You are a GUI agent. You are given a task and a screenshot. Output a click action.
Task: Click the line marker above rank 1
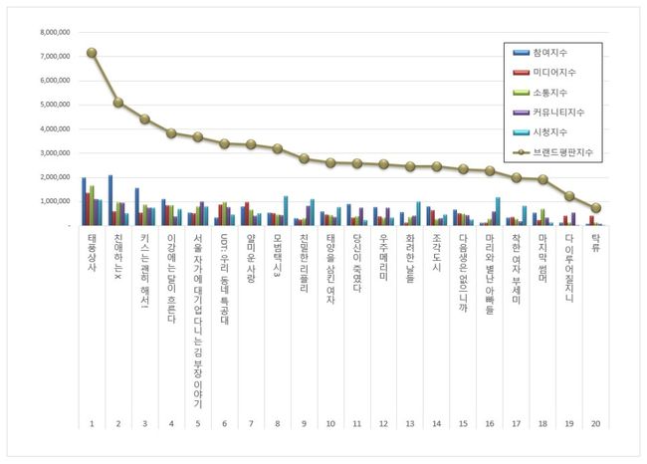coord(92,53)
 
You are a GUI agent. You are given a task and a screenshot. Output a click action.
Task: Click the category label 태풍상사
coord(92,254)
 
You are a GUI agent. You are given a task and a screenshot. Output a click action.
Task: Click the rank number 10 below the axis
coord(330,423)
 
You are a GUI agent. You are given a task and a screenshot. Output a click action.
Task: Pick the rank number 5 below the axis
coord(198,423)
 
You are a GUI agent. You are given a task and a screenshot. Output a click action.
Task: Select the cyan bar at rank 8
coord(286,211)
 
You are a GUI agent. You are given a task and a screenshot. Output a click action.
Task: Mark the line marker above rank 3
coord(144,118)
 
